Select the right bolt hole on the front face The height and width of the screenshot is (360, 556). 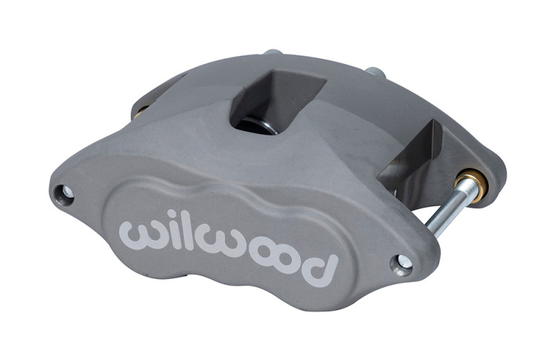(402, 263)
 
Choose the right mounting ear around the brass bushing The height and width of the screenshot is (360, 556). (486, 177)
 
